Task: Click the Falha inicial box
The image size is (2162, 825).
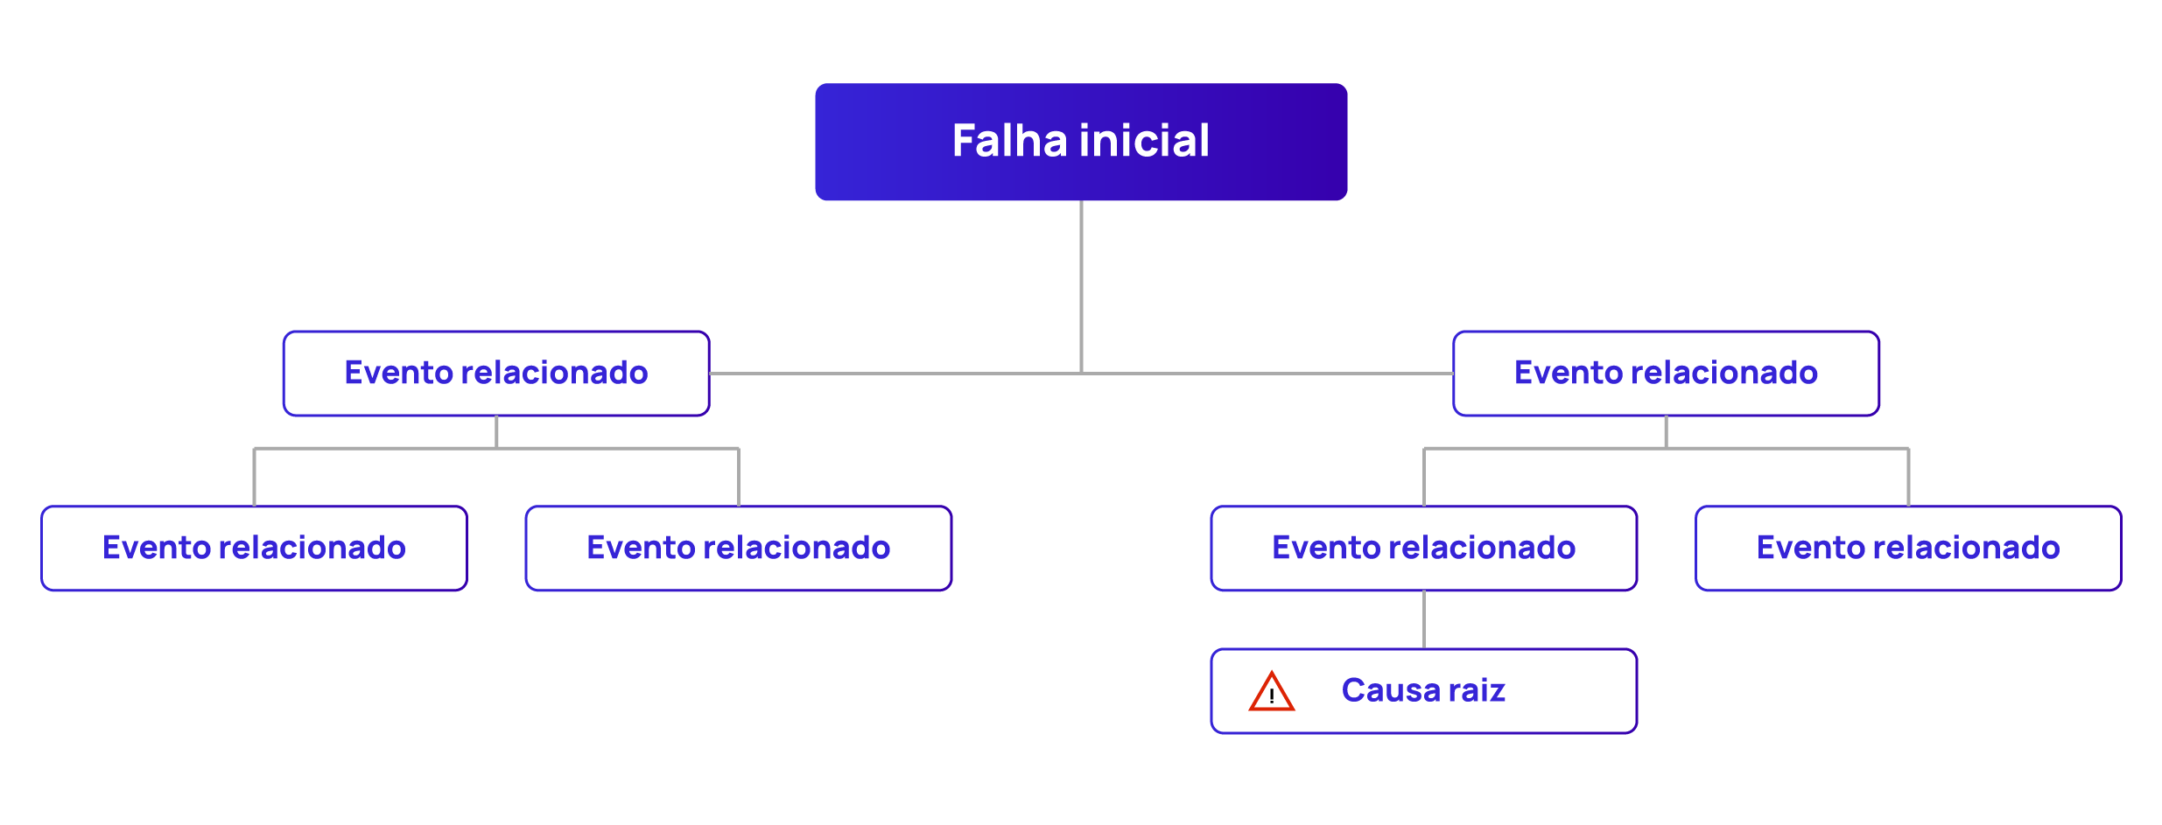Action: pos(1080,142)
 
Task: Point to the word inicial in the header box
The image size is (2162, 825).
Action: pos(1144,142)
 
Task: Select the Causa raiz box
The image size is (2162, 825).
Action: pos(1423,691)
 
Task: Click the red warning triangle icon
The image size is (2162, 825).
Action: pos(1271,692)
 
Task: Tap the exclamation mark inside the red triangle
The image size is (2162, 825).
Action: pos(1271,697)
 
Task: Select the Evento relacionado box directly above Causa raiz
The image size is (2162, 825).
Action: pos(1423,549)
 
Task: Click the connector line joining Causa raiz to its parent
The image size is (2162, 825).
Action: pos(1423,619)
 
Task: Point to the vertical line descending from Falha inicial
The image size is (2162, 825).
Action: pos(1081,280)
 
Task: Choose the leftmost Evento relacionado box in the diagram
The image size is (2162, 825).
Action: pos(254,549)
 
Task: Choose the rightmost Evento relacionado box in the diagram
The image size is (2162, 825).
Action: pos(1908,549)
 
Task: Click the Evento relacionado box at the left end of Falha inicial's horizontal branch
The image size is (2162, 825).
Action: pos(496,374)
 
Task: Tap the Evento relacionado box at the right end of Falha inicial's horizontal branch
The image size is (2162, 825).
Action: pos(1666,374)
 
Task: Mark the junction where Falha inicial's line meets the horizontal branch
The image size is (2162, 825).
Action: pos(1081,374)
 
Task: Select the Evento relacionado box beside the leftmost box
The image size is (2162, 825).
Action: pos(738,549)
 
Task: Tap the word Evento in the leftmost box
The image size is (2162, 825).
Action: pos(156,549)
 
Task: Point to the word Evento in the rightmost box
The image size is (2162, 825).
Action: pos(1809,549)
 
